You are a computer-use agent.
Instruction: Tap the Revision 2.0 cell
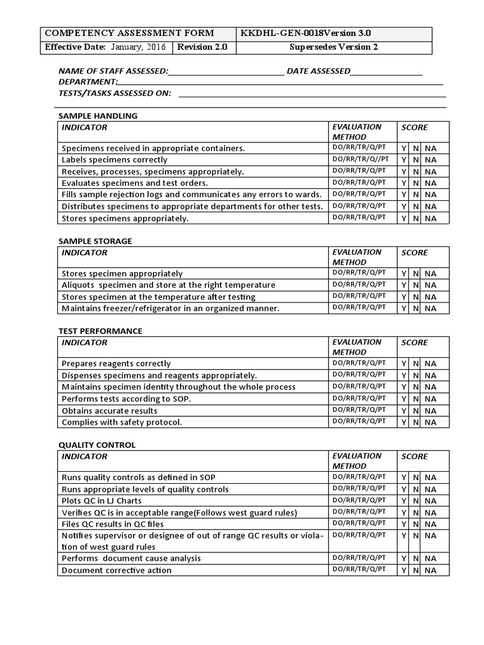(x=202, y=47)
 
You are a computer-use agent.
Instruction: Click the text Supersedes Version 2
(x=333, y=47)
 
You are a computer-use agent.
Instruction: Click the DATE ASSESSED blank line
(x=386, y=71)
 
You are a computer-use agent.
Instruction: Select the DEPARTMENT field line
(x=280, y=82)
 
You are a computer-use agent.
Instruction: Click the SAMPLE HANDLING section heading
(x=98, y=116)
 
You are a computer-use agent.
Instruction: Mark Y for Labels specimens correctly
(x=404, y=160)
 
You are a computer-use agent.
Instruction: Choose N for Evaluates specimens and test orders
(x=416, y=183)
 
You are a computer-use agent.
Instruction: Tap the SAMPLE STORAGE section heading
(x=95, y=241)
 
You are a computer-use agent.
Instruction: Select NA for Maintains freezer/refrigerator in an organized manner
(x=430, y=309)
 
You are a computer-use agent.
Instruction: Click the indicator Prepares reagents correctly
(x=116, y=363)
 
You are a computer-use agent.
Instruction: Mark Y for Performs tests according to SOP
(x=404, y=399)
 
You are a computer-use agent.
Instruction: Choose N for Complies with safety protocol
(x=416, y=423)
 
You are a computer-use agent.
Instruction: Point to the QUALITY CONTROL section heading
(x=97, y=445)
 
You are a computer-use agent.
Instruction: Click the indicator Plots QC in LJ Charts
(x=101, y=501)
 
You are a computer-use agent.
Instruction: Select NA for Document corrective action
(x=430, y=571)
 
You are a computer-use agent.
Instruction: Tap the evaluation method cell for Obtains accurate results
(x=359, y=410)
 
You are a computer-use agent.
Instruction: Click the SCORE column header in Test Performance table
(x=415, y=343)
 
